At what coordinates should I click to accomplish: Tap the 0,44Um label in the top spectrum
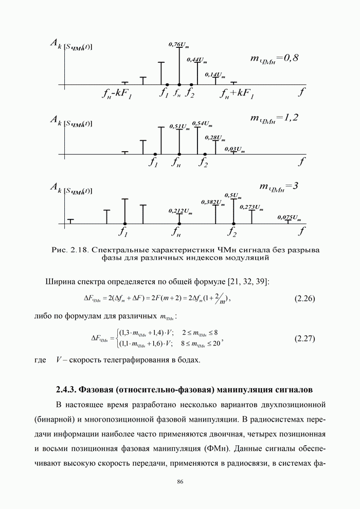[196, 61]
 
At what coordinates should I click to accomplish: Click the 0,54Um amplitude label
[202, 123]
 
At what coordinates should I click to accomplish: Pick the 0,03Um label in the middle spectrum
[235, 149]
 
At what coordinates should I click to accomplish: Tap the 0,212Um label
[181, 211]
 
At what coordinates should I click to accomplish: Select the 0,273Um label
[252, 207]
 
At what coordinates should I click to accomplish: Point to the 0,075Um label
[289, 217]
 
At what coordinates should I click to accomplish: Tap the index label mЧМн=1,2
[274, 118]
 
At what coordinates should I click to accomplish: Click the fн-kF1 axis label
[117, 94]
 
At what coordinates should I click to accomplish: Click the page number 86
[180, 482]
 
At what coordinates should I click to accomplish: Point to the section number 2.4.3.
[68, 387]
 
